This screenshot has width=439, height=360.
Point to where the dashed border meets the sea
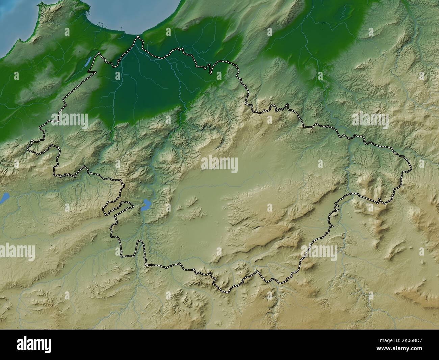pos(137,37)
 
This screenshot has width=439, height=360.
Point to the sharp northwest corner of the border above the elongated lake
pos(98,53)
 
